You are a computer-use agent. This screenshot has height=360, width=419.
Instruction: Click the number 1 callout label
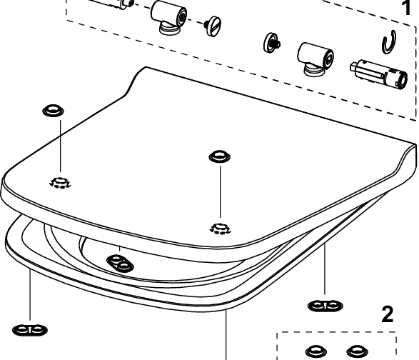point(405,7)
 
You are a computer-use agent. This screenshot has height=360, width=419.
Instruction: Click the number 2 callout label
point(387,314)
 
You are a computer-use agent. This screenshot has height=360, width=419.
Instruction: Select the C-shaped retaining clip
point(389,42)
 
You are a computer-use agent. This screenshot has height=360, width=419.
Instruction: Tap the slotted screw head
point(213,26)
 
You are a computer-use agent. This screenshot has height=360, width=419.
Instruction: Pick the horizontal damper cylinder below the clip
point(378,74)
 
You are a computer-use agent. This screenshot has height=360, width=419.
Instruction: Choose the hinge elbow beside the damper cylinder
point(315,59)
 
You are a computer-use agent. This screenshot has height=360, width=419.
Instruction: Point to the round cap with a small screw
point(271,43)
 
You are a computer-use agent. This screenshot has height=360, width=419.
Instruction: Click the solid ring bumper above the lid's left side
point(54,111)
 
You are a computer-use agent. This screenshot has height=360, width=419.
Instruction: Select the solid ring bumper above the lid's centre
point(220,156)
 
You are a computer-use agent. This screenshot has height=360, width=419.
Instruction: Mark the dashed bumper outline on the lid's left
point(60,182)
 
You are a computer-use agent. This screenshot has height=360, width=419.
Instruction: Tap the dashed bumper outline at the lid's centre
point(220,229)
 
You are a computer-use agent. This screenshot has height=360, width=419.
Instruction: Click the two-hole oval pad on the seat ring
point(120,262)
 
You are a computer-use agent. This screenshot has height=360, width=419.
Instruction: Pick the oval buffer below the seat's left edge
point(30,330)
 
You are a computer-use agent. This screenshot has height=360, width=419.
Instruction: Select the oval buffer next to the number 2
point(325,306)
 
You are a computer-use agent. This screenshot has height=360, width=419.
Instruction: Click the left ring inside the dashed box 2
point(316,351)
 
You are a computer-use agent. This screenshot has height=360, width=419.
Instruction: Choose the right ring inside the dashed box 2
point(358,351)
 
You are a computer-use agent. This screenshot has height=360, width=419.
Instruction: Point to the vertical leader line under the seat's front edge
point(226,334)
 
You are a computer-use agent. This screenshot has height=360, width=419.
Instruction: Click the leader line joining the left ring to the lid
point(61,146)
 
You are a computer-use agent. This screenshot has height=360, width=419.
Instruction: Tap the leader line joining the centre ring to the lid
point(220,191)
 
